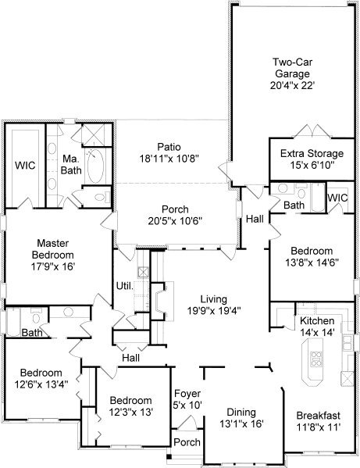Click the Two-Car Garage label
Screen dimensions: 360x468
point(293,68)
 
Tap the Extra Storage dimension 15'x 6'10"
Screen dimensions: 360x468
point(312,165)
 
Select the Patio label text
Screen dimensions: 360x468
point(169,147)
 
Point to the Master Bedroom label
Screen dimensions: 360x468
point(53,249)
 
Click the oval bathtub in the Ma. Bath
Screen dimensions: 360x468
point(95,166)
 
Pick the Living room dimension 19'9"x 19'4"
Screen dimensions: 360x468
point(214,311)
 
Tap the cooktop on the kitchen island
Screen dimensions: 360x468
point(316,359)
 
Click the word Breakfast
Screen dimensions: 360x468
point(319,415)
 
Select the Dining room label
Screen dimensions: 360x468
point(241,413)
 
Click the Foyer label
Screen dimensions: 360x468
point(187,393)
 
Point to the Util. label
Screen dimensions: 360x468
point(125,286)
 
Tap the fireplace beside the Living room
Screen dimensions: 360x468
point(162,301)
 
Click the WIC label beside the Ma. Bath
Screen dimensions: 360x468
point(25,165)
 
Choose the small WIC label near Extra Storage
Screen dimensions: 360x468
point(337,198)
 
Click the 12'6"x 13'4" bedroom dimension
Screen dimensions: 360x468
point(41,384)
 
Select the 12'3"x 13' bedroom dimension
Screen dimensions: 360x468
point(131,412)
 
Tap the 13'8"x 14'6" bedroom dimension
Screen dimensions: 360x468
point(312,263)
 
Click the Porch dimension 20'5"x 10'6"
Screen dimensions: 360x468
point(175,221)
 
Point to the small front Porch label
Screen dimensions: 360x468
point(187,442)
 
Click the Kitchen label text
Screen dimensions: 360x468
point(317,320)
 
